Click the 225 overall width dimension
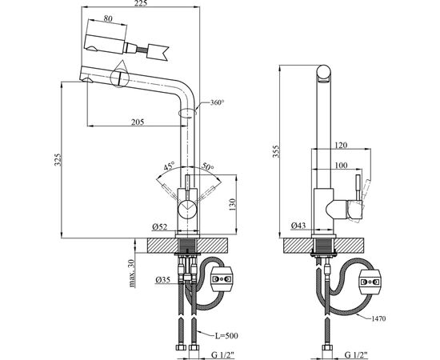pyautogui.click(x=141, y=3)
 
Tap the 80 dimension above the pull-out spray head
pyautogui.click(x=108, y=18)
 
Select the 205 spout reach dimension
pyautogui.click(x=138, y=122)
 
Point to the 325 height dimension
pyautogui.click(x=58, y=160)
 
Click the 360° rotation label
pyautogui.click(x=217, y=102)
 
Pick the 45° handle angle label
pyautogui.click(x=169, y=166)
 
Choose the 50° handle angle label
pyautogui.click(x=208, y=166)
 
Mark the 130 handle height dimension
pyautogui.click(x=232, y=205)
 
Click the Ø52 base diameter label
pyautogui.click(x=160, y=226)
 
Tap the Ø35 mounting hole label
pyautogui.click(x=163, y=279)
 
